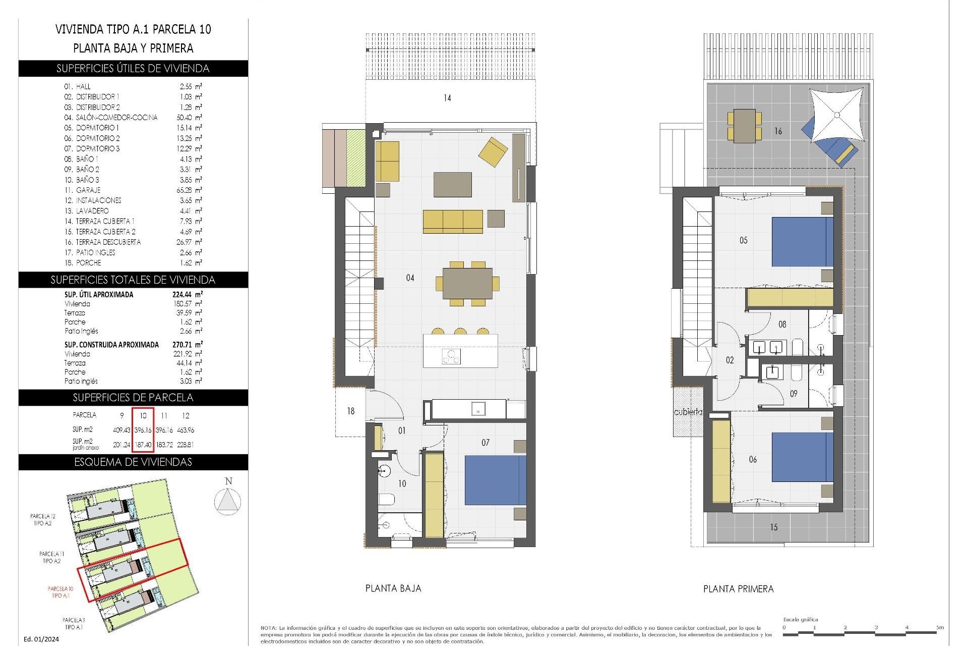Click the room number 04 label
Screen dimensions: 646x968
[410, 278]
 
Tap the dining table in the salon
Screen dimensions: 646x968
[467, 283]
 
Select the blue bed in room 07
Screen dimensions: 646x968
[495, 480]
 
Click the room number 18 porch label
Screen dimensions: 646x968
[350, 411]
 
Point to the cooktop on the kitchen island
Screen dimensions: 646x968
[451, 356]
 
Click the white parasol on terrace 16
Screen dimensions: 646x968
[836, 115]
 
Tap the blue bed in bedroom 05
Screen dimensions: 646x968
[802, 242]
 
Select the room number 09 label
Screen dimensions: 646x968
[794, 394]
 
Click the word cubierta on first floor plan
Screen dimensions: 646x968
[688, 412]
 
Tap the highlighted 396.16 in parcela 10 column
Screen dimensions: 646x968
[143, 430]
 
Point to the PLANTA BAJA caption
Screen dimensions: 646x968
[393, 588]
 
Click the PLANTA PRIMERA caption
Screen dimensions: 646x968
[738, 589]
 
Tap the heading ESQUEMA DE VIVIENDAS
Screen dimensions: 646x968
[133, 462]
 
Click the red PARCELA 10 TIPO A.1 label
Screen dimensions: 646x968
[60, 592]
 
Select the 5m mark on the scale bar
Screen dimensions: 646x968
[940, 628]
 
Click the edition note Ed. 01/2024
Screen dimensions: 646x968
[41, 639]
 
